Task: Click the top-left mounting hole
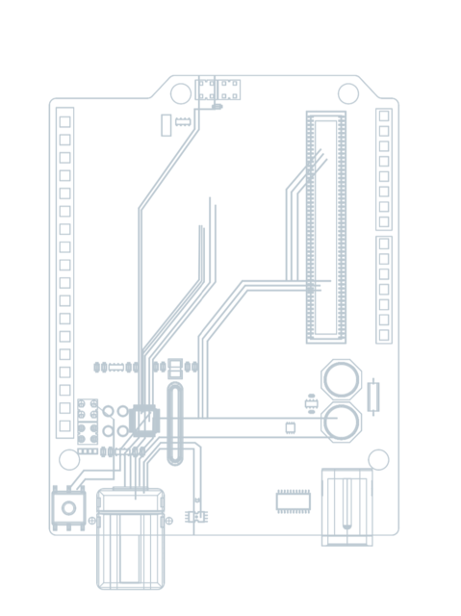(x=180, y=93)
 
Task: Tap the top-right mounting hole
(x=348, y=92)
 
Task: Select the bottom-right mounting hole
(x=378, y=459)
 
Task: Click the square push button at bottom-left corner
(x=67, y=507)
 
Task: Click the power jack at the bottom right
(x=346, y=506)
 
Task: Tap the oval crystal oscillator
(x=174, y=423)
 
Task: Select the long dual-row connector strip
(x=325, y=227)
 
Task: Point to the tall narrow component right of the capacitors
(x=373, y=396)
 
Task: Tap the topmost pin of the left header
(x=65, y=122)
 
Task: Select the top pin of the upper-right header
(x=384, y=116)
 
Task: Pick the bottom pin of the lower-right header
(x=384, y=335)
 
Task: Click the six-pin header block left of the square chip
(x=88, y=418)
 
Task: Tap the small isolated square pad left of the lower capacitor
(x=291, y=426)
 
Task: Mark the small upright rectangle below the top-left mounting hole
(x=166, y=124)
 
